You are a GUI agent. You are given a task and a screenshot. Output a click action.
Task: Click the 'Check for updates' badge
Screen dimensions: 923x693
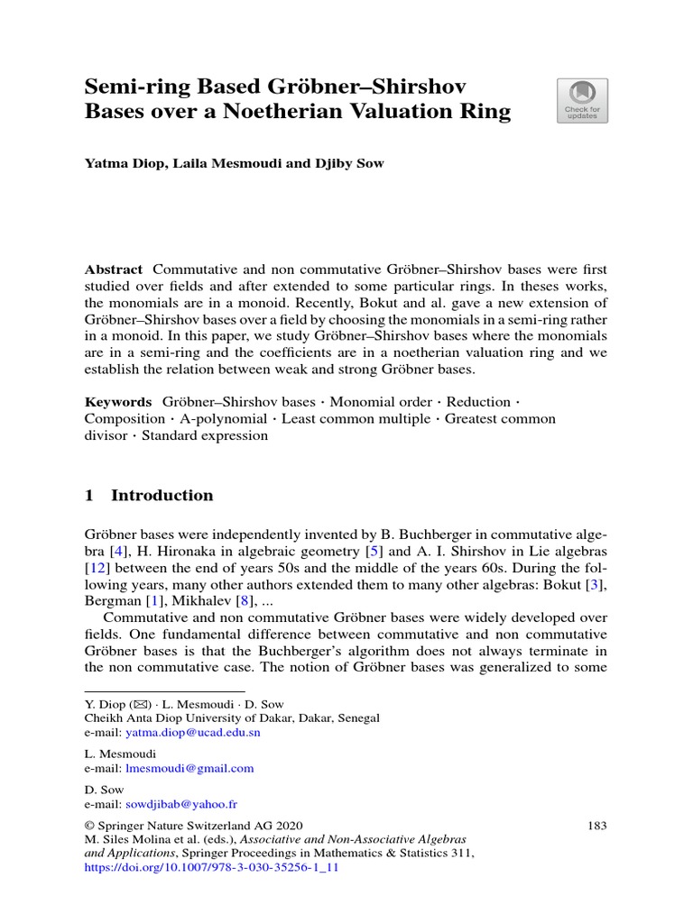coord(582,100)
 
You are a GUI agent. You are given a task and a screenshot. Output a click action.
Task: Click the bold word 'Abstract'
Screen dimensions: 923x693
coord(114,270)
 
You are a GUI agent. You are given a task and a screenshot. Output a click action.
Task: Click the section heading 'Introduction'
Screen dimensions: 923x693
coord(162,495)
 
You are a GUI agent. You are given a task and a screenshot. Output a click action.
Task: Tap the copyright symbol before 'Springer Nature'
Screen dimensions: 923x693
coord(89,826)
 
